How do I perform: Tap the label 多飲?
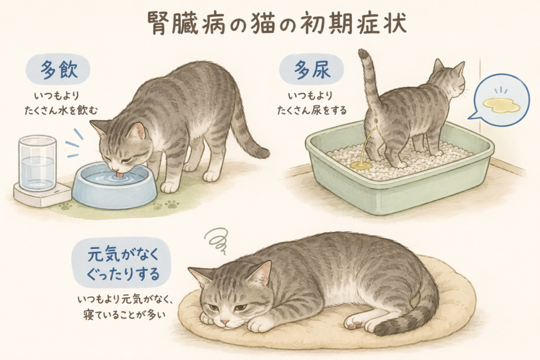59,70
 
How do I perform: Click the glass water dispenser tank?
37,163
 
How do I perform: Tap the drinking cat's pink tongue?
119,175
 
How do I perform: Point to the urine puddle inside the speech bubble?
501,105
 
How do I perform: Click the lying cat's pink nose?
225,322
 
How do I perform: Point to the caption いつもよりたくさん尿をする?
312,103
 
